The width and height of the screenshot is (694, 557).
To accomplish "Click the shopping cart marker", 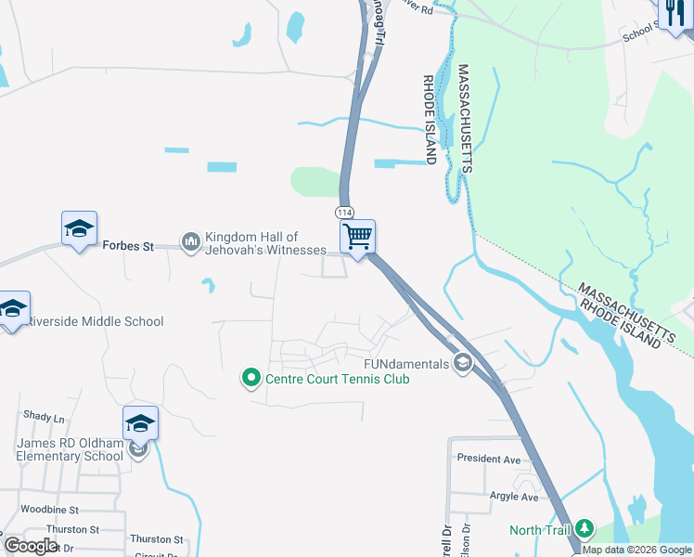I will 357,236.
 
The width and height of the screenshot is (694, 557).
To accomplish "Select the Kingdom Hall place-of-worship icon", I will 192,242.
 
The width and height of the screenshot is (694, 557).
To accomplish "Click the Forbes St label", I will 129,247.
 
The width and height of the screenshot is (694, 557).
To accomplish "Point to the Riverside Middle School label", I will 95,321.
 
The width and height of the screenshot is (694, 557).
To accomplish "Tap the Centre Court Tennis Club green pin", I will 251,378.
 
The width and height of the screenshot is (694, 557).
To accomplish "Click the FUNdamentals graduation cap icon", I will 462,363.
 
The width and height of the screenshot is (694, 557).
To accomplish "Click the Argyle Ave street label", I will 514,497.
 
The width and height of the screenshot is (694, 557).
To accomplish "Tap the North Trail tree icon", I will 584,529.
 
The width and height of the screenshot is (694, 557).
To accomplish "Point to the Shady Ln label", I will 39,416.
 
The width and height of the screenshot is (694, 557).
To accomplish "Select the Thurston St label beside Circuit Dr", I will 157,538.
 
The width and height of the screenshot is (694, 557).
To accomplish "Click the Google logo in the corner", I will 31,546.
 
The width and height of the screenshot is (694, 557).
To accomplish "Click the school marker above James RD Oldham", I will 140,422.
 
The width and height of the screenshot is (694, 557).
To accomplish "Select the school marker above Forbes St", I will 79,227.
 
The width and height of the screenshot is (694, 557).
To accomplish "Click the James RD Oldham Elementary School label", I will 70,449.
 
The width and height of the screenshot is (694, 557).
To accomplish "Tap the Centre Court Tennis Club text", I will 338,378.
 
